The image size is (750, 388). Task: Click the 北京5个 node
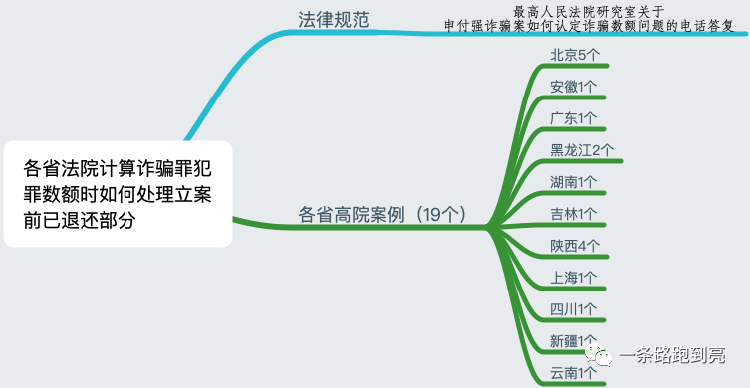tap(574, 55)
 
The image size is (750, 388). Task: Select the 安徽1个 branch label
tap(574, 87)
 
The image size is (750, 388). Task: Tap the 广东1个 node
tap(574, 118)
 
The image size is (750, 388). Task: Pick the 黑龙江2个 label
tap(582, 150)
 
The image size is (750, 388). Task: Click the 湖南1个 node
tap(574, 182)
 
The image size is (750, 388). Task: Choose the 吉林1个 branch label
tap(574, 214)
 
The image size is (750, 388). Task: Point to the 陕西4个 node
tap(575, 246)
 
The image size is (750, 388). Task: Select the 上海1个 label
tap(574, 278)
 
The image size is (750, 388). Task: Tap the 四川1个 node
tap(574, 309)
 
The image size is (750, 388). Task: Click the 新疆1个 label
tap(574, 341)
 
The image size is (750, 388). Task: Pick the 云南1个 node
tap(574, 373)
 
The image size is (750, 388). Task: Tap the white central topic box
tap(118, 193)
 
